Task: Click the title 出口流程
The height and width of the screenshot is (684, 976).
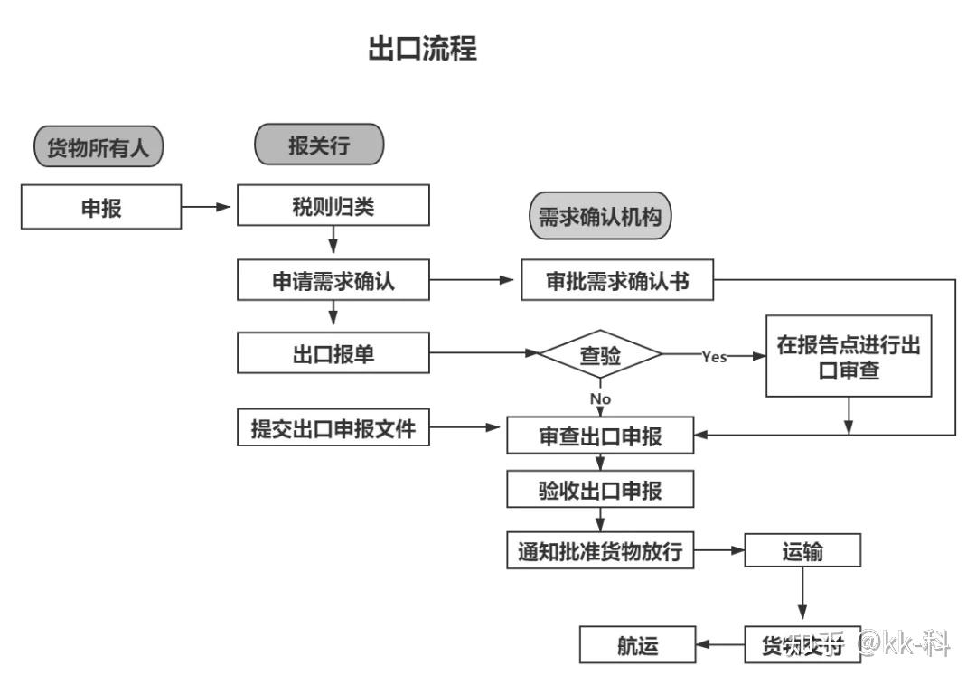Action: point(422,48)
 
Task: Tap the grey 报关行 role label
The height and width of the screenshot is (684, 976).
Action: point(319,145)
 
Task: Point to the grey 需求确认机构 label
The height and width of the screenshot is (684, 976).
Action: point(600,217)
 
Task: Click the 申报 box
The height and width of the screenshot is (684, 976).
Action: point(101,207)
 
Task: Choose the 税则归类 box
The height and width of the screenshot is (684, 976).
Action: point(332,206)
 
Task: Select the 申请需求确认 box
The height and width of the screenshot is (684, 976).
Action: point(333,281)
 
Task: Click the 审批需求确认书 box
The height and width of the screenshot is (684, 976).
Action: point(617,281)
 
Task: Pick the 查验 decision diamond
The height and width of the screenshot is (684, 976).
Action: point(600,356)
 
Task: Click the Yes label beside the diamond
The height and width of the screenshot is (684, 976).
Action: point(714,357)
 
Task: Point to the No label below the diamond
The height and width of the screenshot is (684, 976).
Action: point(600,398)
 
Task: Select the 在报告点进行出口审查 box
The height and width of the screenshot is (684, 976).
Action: point(849,356)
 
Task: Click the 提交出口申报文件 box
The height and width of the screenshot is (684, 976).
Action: point(333,428)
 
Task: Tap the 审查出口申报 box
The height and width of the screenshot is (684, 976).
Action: point(600,436)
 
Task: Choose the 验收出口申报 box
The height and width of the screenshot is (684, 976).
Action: point(600,491)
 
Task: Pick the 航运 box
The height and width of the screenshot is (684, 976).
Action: point(638,646)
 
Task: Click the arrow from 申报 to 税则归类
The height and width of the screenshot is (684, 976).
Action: point(208,207)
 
